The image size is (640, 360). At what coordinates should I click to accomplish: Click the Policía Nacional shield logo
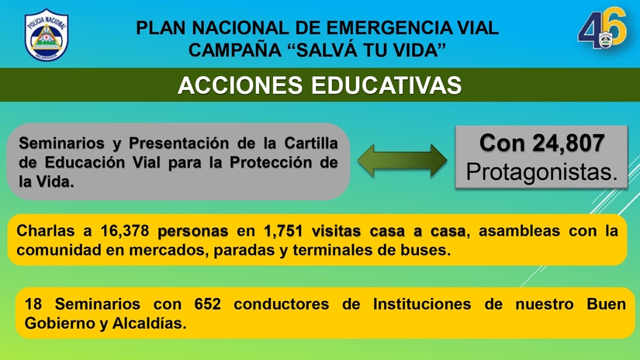46,36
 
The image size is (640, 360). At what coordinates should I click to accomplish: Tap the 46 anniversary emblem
600,31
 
